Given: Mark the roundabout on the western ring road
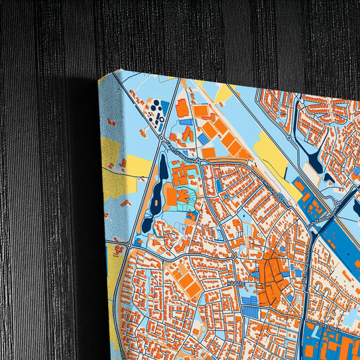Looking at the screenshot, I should click(x=129, y=245).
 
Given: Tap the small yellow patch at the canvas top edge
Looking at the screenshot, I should click(x=223, y=93).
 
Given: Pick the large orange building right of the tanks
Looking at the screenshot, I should click(x=182, y=108).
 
